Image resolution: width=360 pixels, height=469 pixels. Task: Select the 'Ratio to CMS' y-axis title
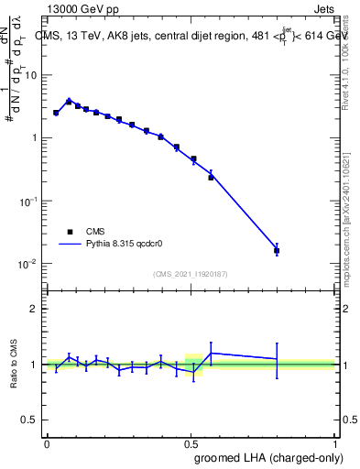coord(15,364)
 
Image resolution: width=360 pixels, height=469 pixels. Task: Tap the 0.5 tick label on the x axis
coord(191,443)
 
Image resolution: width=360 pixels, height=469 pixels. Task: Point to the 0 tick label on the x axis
coord(47,443)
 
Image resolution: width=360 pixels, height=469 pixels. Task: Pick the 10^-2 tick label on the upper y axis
coord(29,264)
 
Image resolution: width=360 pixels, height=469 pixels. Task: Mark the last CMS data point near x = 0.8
coord(277,250)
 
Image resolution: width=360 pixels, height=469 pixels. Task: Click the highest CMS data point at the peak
coord(69,101)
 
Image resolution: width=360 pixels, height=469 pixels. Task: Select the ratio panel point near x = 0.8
coord(277,359)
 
